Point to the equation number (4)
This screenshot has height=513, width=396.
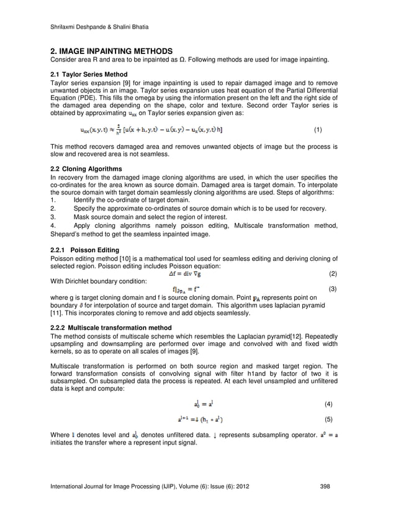[329, 404]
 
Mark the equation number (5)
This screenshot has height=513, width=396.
[329, 419]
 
